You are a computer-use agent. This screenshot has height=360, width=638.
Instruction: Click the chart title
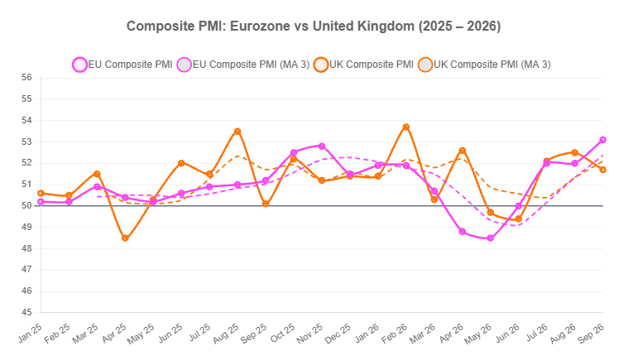[x=314, y=26]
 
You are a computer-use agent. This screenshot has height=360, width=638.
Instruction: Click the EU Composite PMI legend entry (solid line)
[x=122, y=65]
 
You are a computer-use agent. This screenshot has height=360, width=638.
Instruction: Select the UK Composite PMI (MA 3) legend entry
[x=484, y=65]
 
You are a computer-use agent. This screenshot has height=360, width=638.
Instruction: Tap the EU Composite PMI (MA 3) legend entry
[x=243, y=65]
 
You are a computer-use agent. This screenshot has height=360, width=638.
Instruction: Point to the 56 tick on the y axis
[x=26, y=77]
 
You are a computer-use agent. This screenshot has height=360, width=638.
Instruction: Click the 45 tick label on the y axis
[x=26, y=312]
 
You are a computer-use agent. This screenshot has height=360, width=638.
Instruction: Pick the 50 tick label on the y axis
[x=26, y=206]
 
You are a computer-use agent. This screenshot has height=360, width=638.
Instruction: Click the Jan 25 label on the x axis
[x=30, y=334]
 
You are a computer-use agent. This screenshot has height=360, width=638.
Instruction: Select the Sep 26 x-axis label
[x=591, y=334]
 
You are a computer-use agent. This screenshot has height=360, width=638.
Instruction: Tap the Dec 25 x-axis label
[x=338, y=334]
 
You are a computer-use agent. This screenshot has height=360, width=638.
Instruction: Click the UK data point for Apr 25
[x=125, y=238]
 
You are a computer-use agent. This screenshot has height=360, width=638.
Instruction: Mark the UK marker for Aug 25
[x=237, y=132]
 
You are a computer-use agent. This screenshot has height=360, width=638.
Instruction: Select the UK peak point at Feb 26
[x=406, y=127]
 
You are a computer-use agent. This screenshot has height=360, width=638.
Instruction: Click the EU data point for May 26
[x=491, y=238]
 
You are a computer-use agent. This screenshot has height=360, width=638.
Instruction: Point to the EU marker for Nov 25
[x=322, y=146]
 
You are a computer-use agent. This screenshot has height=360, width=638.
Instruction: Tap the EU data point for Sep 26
[x=602, y=140]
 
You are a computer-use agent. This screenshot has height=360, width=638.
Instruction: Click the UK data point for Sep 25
[x=266, y=204]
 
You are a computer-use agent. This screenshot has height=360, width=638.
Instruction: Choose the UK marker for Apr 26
[x=463, y=151]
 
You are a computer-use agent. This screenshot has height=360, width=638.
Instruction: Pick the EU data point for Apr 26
[x=463, y=232]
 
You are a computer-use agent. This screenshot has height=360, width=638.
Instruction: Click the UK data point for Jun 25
[x=181, y=163]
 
